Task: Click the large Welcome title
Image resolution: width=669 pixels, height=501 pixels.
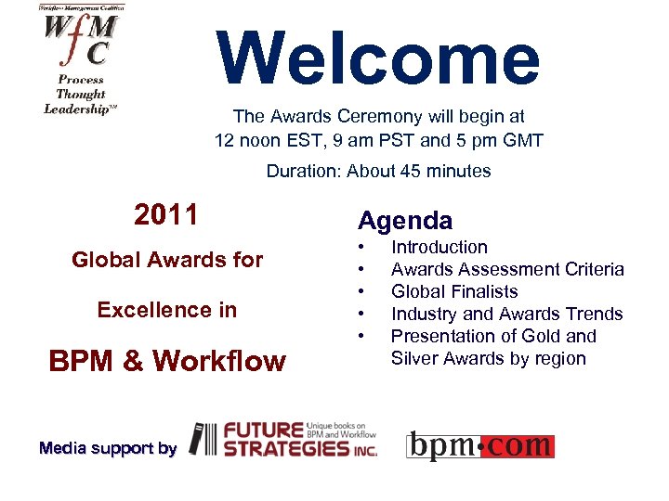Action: coord(379,58)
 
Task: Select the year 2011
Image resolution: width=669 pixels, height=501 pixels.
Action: coord(166,215)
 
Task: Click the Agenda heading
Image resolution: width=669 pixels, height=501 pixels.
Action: coord(405,221)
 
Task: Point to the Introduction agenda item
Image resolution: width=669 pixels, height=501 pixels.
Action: coord(439,247)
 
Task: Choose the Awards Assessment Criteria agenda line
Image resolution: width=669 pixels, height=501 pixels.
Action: coord(507,269)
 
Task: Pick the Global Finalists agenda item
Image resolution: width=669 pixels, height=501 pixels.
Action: coord(454,291)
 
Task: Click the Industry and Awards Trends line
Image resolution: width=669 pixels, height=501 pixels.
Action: coord(506,314)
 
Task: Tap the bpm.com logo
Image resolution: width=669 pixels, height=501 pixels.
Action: coord(480,445)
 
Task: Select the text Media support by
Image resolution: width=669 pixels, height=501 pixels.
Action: coord(108,448)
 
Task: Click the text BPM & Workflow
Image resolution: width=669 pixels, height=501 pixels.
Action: coord(167,360)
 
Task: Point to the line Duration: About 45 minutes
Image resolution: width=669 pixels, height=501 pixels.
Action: coord(378,171)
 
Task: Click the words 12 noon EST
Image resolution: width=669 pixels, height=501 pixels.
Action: coord(262,141)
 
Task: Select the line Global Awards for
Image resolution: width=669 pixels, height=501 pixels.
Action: coord(167,261)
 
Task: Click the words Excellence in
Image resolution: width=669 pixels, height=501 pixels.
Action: coord(167,310)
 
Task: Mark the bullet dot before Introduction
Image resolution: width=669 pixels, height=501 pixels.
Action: coord(361,248)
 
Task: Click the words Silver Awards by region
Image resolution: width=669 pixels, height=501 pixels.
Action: coord(488,358)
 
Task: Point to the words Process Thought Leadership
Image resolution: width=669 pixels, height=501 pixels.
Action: coord(82,94)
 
